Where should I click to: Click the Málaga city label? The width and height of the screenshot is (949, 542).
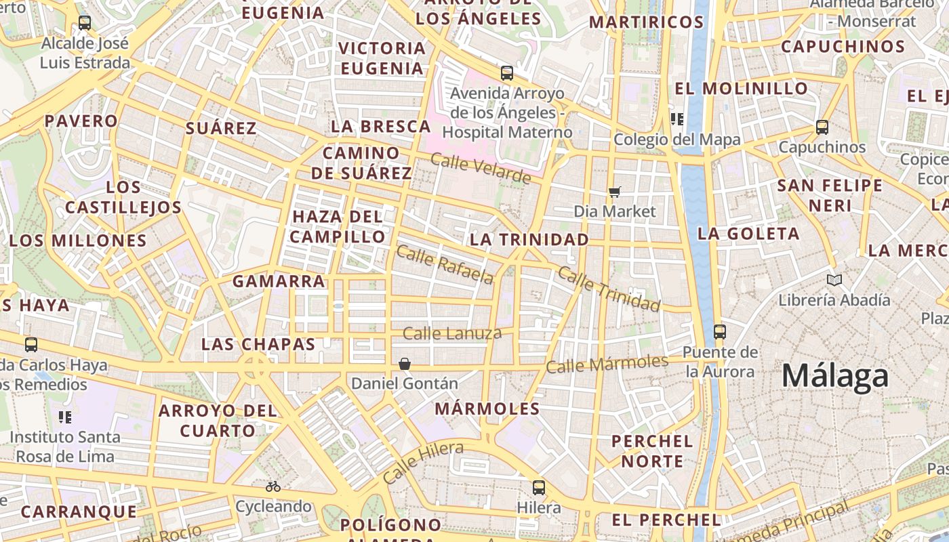835,376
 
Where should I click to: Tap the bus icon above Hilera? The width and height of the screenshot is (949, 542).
538,487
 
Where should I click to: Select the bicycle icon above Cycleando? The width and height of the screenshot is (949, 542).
273,486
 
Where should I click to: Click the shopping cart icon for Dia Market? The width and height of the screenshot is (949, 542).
614,192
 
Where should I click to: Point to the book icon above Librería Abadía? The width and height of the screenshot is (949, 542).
834,280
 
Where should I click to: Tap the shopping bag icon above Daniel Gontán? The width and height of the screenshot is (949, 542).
405,364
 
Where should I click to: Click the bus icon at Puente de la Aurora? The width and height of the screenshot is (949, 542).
720,332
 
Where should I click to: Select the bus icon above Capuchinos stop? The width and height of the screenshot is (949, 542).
822,127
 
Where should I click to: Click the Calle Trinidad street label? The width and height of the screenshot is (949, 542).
608,289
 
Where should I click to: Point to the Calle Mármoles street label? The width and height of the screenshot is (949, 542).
607,364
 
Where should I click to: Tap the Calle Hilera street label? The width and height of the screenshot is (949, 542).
423,462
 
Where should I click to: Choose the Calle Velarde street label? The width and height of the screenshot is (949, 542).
481,169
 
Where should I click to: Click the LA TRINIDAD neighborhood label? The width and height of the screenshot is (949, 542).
529,239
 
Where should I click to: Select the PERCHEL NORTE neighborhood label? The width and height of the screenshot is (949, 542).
652,451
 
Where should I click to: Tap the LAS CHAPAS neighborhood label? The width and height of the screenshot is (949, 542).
258,344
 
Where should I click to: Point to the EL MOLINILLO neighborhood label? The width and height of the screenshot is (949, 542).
742,89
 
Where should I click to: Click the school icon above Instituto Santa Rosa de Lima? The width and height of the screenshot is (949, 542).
65,417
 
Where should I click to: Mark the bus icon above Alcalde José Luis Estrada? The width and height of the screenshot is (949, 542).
85,22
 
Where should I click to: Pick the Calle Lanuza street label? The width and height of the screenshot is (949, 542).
452,333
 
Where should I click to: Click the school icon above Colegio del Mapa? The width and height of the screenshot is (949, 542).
676,119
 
